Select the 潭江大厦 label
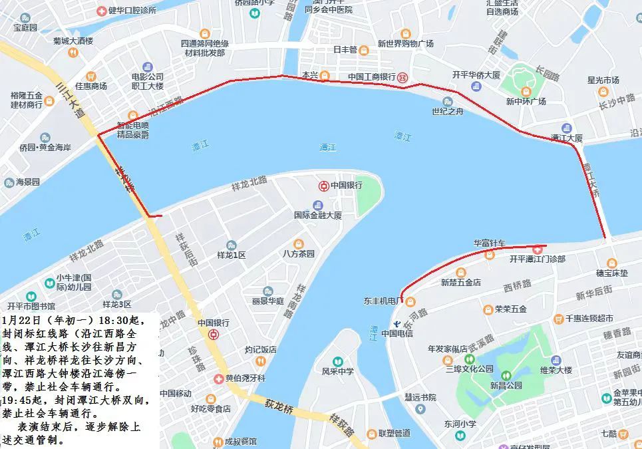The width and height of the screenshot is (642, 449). (x=567, y=138)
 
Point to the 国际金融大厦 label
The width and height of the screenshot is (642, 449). (x=318, y=216)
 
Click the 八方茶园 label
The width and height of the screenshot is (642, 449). (x=298, y=253)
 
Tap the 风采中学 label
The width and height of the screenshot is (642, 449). (x=338, y=372)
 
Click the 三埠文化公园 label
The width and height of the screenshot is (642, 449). (x=469, y=368)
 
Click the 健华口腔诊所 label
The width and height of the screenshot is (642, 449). (x=131, y=11)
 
